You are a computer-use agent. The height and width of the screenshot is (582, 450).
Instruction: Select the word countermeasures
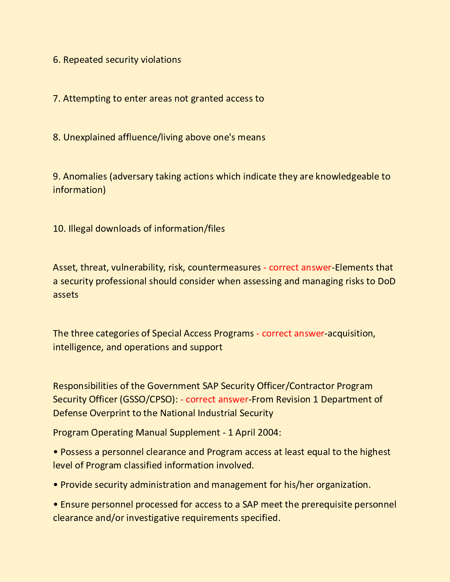[x=224, y=268]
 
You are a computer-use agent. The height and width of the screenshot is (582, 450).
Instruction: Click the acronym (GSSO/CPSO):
[x=149, y=400]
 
